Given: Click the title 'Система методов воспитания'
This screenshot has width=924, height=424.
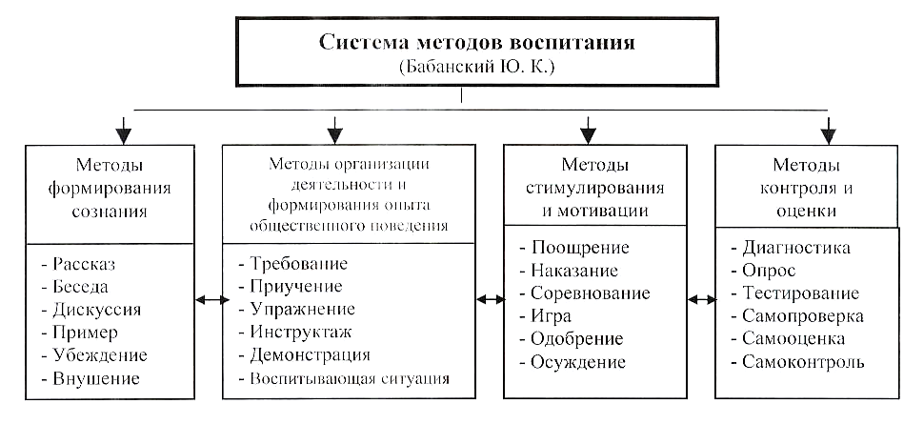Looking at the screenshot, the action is (476, 43).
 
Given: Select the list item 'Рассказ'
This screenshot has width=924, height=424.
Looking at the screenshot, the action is (84, 264).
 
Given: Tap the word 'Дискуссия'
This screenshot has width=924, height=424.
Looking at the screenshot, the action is (96, 310).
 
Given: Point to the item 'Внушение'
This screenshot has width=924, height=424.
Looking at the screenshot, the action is (95, 378).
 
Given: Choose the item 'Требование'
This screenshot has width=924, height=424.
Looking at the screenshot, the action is (299, 263).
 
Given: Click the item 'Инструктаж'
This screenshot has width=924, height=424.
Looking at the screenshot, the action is (300, 332).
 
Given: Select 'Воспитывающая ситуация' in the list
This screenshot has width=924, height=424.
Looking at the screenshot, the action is (350, 378).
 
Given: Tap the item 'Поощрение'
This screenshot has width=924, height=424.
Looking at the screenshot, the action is (580, 247).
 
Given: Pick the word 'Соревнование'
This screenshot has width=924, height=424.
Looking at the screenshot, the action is (591, 293).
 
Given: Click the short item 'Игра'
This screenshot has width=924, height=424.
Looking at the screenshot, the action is (551, 316).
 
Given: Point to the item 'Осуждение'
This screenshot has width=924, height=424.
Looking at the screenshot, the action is (578, 361).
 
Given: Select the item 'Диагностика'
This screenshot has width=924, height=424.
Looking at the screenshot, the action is (796, 247).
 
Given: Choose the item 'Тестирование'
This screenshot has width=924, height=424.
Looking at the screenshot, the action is (800, 293).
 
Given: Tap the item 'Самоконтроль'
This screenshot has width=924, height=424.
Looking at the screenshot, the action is (803, 361).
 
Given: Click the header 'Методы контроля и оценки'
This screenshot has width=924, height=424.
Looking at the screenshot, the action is (806, 187).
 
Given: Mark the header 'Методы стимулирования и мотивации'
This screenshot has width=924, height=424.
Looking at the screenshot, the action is (594, 187).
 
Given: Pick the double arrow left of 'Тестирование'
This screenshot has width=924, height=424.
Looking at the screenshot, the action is (701, 300).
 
